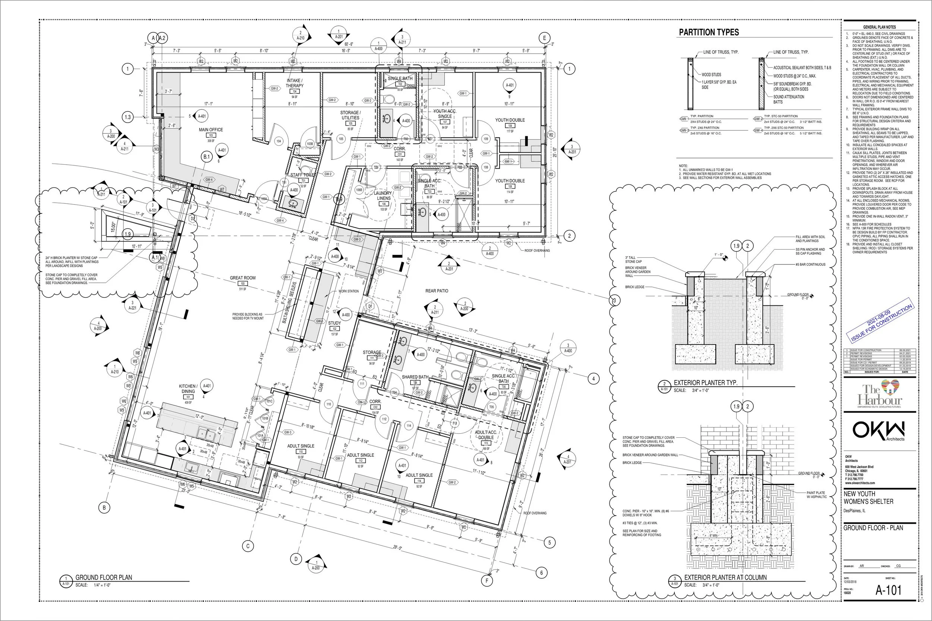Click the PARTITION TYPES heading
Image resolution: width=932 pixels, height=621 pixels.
(x=709, y=32)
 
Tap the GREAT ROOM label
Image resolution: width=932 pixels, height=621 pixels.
(x=243, y=278)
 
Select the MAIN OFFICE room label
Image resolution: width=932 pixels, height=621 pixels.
(x=211, y=130)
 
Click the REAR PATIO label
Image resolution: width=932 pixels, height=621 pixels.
(x=437, y=291)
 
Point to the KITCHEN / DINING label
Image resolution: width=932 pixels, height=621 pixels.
(x=188, y=389)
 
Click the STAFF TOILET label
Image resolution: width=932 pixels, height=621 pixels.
(x=303, y=175)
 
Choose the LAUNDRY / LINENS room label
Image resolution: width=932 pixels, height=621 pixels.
(x=383, y=196)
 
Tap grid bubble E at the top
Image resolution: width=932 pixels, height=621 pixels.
(x=544, y=38)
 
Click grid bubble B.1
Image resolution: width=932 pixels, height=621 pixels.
(x=207, y=157)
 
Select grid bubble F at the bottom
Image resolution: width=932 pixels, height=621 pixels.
(x=487, y=581)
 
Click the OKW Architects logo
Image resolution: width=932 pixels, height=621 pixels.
(x=879, y=431)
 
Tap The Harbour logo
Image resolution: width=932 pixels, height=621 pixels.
(x=879, y=394)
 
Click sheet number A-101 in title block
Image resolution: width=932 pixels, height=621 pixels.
(x=888, y=590)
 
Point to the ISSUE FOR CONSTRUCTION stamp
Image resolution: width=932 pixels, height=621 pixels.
(x=881, y=323)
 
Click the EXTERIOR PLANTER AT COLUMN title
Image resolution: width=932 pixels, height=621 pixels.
(x=725, y=577)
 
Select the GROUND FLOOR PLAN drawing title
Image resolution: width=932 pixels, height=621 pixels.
(x=104, y=577)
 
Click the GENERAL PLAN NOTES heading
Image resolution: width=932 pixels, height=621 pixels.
(x=879, y=27)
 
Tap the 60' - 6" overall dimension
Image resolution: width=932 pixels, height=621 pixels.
(x=349, y=44)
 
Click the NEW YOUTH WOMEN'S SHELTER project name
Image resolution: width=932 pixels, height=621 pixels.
(x=868, y=497)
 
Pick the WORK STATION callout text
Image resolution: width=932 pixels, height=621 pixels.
(x=348, y=291)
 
